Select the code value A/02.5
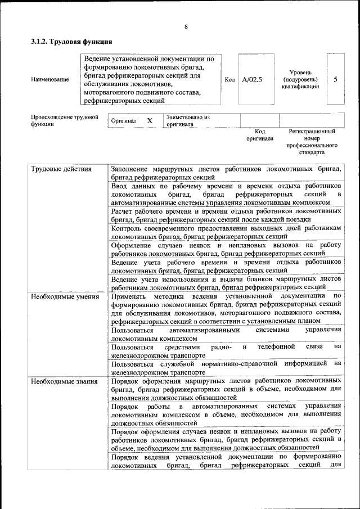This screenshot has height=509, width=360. point(252,80)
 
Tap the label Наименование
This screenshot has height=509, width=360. point(50,80)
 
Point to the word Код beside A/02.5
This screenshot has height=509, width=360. point(229,80)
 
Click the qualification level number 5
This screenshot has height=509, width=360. point(335,79)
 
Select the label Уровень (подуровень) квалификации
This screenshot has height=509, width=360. point(300,80)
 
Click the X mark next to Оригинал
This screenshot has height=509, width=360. point(150,121)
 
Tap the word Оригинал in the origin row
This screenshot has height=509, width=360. point(124,121)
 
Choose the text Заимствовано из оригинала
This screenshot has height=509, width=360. point(187,120)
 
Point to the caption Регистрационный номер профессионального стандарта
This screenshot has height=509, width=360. point(312,141)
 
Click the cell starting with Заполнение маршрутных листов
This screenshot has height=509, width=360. point(226,173)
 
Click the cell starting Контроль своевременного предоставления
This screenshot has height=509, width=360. point(226,232)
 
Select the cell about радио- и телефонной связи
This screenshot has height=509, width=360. point(226,352)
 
